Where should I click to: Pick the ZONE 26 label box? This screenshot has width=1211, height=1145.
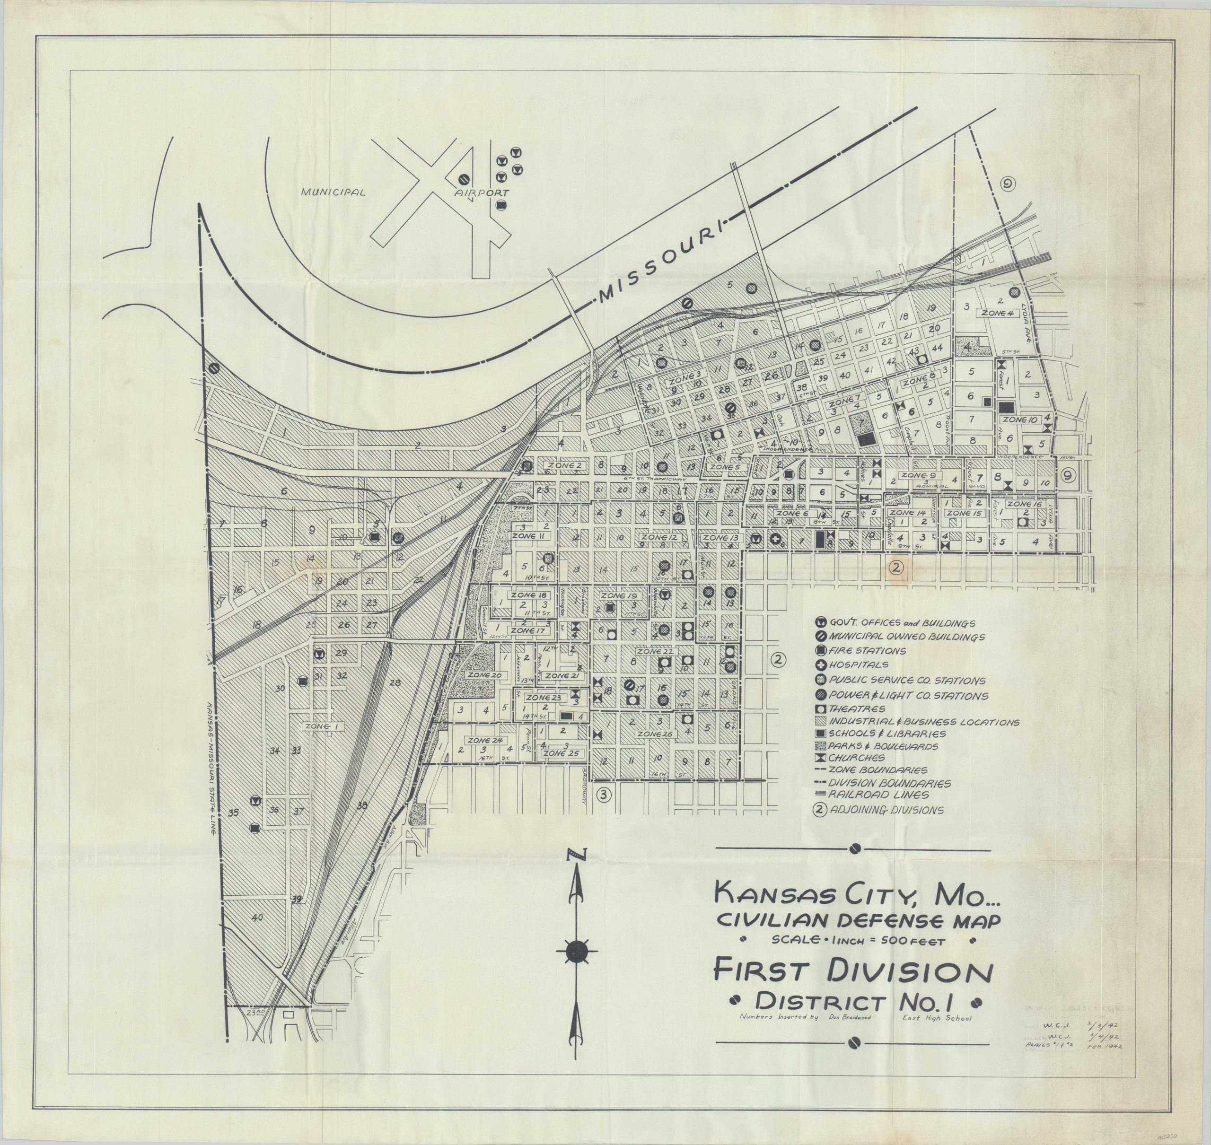655,734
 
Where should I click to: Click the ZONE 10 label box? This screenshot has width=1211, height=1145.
1020,420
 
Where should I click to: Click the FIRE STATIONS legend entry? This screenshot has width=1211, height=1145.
860,651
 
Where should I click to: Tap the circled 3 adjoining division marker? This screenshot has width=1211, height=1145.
603,794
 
